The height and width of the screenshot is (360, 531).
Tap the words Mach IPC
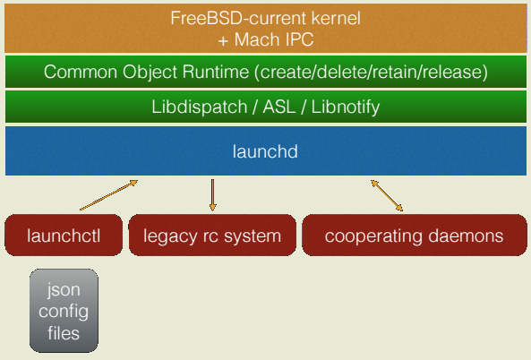coord(274,39)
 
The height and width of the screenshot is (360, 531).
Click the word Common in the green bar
coord(81,72)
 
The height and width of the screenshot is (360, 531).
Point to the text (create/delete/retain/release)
coord(371,73)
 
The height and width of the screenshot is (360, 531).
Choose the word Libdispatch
coord(199,107)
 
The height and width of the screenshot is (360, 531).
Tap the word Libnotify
coord(346,107)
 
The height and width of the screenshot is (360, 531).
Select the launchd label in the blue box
coord(265,151)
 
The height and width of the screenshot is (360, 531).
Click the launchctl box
coord(64,235)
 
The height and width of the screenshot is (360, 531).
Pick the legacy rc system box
coord(212,235)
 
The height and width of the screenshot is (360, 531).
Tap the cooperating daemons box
coord(415,235)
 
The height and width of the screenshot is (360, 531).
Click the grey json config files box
coord(64,311)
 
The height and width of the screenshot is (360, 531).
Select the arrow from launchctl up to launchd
coord(108,195)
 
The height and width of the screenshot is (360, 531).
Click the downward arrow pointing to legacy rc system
coord(212,195)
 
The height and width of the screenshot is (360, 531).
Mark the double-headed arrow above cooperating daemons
coord(387,195)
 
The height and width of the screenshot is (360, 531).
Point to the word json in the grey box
coord(64,290)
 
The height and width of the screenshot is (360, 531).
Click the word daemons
coord(466,236)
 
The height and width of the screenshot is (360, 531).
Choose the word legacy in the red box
coord(170,236)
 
